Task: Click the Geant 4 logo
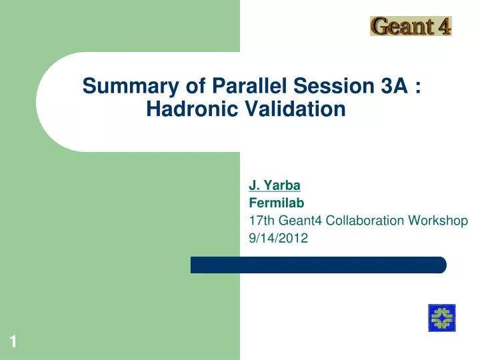click(411, 26)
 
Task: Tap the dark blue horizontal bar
click(318, 265)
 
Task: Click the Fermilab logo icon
click(441, 317)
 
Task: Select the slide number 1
click(13, 343)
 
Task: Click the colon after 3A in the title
click(417, 87)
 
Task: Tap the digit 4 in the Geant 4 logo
click(444, 26)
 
